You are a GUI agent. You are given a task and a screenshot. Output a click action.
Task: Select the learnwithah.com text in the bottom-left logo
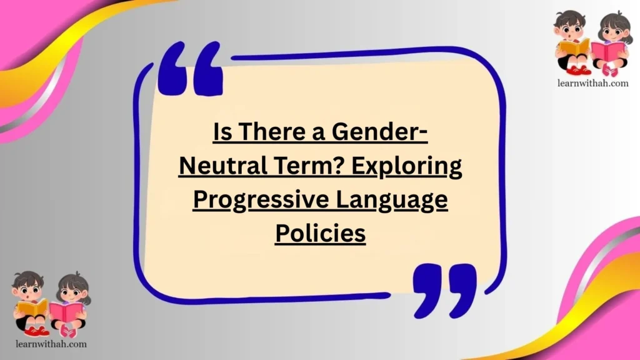tap(49, 344)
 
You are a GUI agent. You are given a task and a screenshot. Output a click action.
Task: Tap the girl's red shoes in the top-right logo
tap(609, 71)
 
